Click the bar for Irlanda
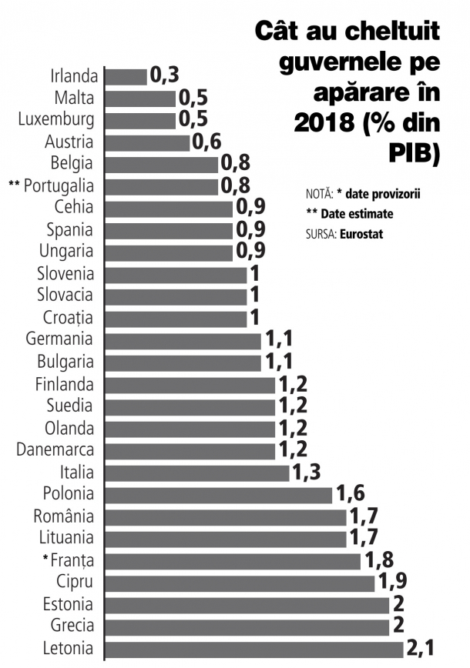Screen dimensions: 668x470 (x=126, y=76)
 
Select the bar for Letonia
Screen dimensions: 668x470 (x=253, y=650)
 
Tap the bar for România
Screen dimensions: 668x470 (x=225, y=516)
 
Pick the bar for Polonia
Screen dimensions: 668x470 (x=218, y=494)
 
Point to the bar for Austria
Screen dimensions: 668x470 (x=147, y=142)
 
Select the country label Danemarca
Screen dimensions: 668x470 (x=55, y=449)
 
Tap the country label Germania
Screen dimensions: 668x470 (x=59, y=339)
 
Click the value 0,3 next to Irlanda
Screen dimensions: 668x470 (x=164, y=75)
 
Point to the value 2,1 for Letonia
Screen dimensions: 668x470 (x=421, y=649)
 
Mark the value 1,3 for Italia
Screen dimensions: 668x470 (x=307, y=472)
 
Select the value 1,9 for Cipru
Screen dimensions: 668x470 (x=392, y=583)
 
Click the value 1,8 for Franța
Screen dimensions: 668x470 (x=378, y=560)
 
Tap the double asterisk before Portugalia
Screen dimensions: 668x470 (x=14, y=185)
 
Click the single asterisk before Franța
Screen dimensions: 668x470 (x=46, y=558)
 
